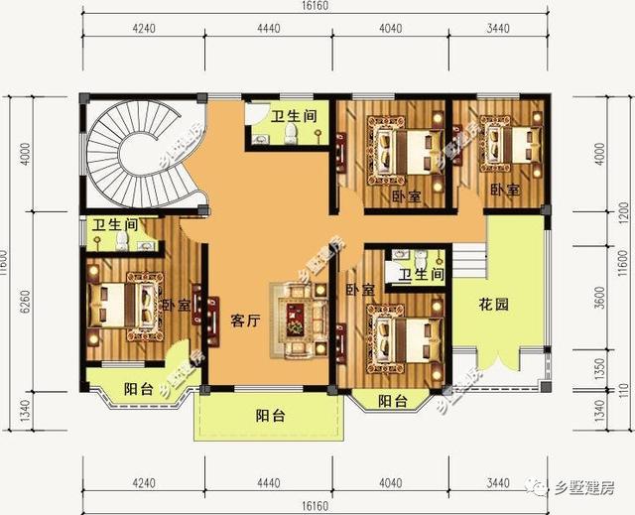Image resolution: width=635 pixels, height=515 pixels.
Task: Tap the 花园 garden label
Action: (x=495, y=305)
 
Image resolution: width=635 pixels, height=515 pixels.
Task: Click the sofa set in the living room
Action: (x=296, y=320)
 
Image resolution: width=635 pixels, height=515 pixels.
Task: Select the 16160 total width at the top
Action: (x=316, y=7)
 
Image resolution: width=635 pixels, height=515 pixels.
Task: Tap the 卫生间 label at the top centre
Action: (x=295, y=116)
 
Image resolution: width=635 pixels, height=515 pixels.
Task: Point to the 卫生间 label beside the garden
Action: (x=421, y=274)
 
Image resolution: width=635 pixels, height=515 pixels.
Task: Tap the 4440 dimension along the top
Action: (x=271, y=28)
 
